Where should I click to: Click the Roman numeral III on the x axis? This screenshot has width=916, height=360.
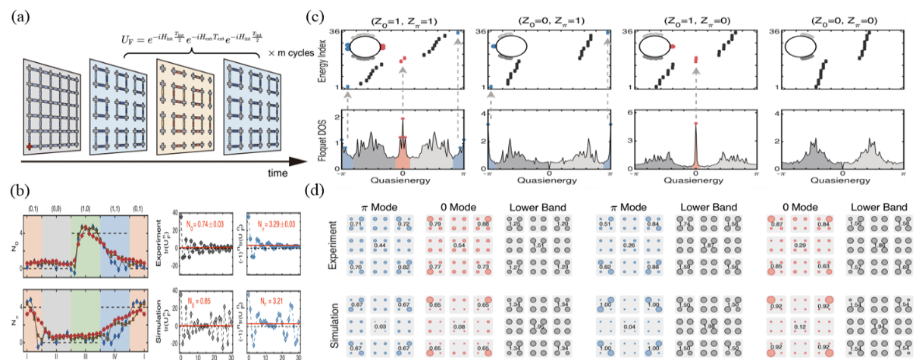tap(99, 354)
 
